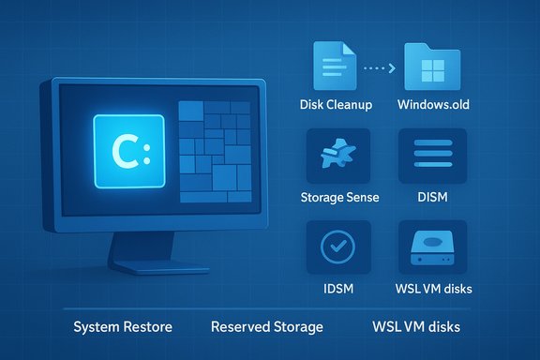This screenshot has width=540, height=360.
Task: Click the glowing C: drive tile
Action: click(129, 149)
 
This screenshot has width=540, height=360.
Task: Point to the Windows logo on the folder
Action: click(433, 70)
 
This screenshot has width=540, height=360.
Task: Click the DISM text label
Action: click(433, 197)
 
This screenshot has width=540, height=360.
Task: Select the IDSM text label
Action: click(338, 288)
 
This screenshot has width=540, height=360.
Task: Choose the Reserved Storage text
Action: click(266, 327)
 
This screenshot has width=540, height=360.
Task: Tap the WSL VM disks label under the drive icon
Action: click(434, 288)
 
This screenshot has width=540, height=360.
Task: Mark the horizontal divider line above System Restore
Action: click(270, 308)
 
